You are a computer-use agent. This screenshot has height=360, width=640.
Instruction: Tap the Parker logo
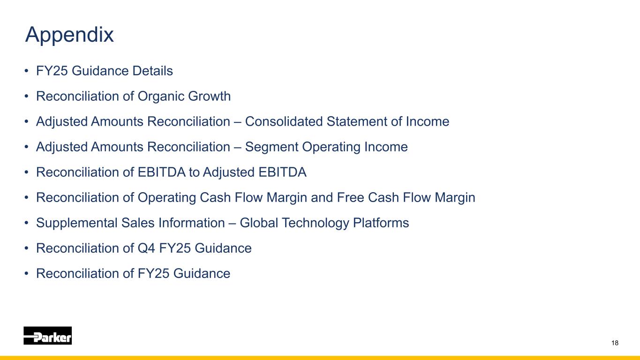[48, 336]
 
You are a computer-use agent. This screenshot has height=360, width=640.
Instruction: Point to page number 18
[615, 343]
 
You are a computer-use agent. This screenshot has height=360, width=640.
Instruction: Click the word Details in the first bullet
[152, 71]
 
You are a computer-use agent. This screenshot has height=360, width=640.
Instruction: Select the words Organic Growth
[184, 96]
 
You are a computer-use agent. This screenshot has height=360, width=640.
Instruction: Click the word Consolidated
[284, 121]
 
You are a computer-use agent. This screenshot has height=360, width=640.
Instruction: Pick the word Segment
[272, 147]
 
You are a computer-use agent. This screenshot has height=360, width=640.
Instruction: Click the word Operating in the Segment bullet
[331, 147]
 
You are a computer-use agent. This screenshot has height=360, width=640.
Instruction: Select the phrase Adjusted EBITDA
[255, 172]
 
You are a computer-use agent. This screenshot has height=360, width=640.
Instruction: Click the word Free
[350, 197]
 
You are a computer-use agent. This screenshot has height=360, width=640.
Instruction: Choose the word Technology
[316, 223]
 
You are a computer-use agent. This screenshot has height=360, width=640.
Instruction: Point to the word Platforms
[381, 223]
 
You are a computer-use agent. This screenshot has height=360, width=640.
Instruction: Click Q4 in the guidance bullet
[146, 248]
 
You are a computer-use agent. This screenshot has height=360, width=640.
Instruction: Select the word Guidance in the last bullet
[202, 273]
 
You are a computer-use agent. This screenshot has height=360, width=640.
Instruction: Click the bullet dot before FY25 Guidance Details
[27, 71]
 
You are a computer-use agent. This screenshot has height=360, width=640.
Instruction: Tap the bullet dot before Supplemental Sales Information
[27, 223]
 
